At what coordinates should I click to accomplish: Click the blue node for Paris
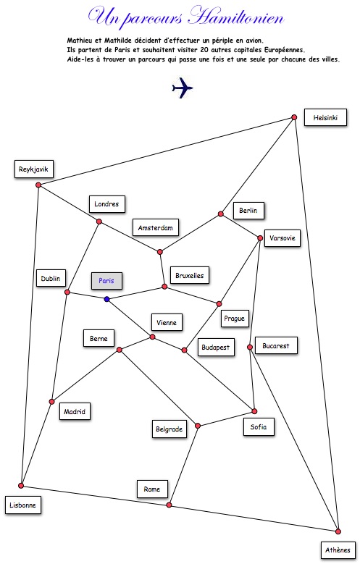(106, 299)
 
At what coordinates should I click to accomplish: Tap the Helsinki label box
(325, 117)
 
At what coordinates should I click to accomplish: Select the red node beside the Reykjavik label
(38, 185)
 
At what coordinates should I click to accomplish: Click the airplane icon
(182, 88)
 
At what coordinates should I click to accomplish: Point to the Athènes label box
(338, 550)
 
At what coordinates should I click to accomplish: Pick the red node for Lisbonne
(21, 486)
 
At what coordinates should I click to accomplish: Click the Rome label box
(152, 489)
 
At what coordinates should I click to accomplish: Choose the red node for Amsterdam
(160, 252)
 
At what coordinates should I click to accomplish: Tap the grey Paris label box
(106, 281)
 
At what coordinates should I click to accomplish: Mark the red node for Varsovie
(260, 238)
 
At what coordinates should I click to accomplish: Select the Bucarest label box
(276, 345)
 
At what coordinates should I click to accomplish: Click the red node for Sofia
(254, 411)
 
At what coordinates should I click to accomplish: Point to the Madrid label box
(75, 411)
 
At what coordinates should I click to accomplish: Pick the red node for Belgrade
(198, 426)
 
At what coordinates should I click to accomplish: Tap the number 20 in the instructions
(209, 50)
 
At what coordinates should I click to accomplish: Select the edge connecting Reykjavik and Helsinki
(167, 151)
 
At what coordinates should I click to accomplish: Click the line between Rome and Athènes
(253, 518)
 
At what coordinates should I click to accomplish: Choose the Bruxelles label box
(190, 276)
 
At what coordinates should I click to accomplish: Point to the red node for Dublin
(67, 292)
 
